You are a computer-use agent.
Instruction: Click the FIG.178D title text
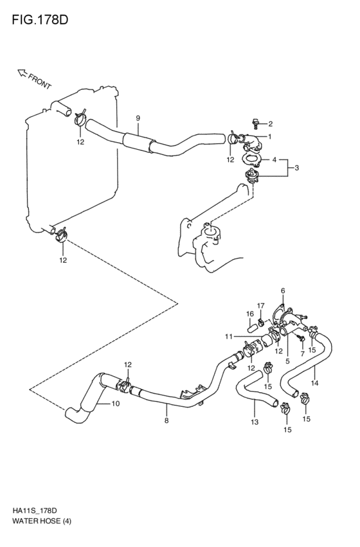pos(40,20)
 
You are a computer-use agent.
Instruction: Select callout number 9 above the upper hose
pos(138,118)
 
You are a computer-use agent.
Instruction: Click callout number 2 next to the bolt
pos(271,123)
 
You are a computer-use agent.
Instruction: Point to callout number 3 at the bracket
pos(296,168)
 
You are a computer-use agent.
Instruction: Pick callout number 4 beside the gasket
pos(274,160)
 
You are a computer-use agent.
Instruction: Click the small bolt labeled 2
pos(256,123)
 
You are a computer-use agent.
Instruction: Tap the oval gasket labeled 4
pos(251,159)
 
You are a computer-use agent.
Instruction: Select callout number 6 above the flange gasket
pos(283,291)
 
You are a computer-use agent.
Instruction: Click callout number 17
pos(261,305)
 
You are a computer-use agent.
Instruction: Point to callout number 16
pos(250,314)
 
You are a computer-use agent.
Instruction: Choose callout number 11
pos(228,337)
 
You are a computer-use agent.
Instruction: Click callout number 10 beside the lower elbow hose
pos(116,404)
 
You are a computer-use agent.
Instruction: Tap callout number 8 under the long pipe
pos(166,421)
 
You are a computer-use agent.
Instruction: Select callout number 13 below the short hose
pos(255,422)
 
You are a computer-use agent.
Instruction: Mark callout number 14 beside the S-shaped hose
pos(314,383)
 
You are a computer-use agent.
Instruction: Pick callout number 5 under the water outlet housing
pos(287,361)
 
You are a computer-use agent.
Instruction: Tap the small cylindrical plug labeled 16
pos(253,327)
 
